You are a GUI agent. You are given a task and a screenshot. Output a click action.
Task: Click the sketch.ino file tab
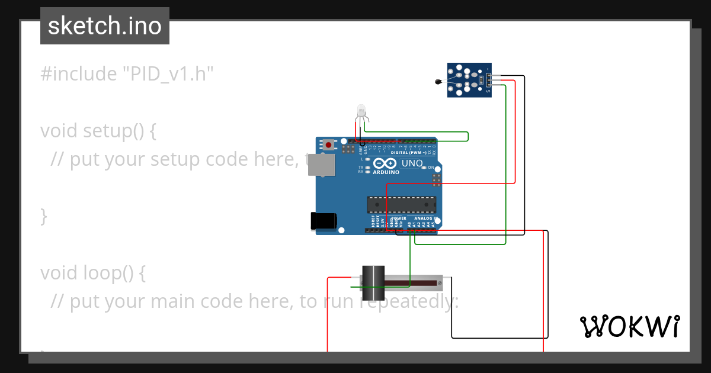click(x=105, y=26)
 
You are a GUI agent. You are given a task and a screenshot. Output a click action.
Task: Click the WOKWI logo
click(x=629, y=326)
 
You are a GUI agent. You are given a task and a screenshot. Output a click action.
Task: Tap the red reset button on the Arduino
click(x=328, y=144)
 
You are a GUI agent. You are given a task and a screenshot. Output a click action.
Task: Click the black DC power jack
click(x=324, y=221)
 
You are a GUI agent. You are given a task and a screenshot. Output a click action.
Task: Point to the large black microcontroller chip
click(x=401, y=204)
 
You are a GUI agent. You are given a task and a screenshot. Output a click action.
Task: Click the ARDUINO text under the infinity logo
click(x=386, y=172)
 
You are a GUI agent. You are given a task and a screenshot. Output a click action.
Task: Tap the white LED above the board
click(x=361, y=111)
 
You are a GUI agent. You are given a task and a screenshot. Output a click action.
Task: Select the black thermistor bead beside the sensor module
click(x=439, y=83)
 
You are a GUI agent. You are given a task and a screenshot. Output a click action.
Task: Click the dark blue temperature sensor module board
click(x=469, y=79)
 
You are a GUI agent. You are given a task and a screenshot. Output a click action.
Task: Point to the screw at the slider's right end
click(x=439, y=284)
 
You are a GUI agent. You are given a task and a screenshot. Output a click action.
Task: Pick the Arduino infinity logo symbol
click(x=386, y=163)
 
